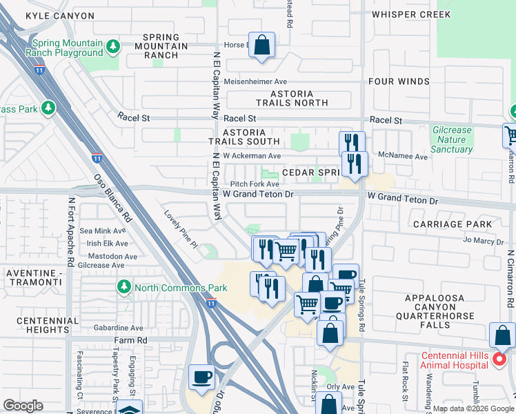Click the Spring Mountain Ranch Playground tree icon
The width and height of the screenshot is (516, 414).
(x=113, y=47)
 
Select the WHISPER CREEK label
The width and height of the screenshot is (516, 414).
(x=410, y=14)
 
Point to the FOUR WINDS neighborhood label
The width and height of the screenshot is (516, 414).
(x=399, y=81)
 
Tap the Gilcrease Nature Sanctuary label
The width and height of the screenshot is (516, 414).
(x=452, y=139)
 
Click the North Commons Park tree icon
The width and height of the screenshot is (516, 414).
(x=124, y=286)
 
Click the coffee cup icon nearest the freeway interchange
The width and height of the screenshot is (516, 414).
(x=202, y=377)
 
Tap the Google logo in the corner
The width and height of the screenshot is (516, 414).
(x=23, y=406)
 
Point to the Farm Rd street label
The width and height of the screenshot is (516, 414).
(x=131, y=340)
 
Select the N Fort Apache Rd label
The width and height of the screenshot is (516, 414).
(x=70, y=233)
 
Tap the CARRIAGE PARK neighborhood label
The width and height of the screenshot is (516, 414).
(x=452, y=224)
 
